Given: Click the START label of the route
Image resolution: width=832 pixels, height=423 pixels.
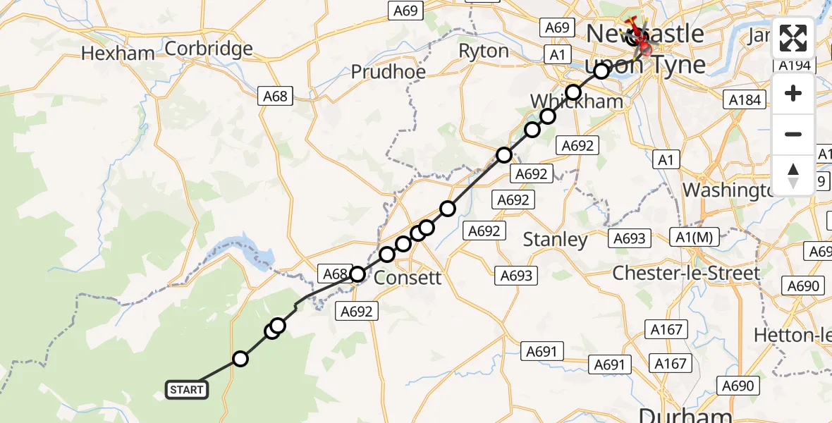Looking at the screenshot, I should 187,389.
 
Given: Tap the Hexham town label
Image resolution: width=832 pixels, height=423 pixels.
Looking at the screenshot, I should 118,54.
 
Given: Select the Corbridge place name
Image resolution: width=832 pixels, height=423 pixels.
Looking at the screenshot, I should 209,49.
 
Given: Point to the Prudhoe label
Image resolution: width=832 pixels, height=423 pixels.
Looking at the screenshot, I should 388,73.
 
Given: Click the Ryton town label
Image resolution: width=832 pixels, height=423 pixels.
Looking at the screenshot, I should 484,51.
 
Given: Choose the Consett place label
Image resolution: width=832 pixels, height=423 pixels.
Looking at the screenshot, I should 408,278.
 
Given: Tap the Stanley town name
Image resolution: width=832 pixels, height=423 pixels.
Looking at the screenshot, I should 556,240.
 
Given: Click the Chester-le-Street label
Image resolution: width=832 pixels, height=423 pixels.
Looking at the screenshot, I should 686,274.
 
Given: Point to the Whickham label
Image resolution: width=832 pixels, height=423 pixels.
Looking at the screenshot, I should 577,102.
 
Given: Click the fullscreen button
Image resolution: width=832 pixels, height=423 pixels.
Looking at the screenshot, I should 793,39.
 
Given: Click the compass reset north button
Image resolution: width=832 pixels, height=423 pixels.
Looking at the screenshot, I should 793,175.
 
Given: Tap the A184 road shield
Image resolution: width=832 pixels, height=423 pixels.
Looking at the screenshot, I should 745,99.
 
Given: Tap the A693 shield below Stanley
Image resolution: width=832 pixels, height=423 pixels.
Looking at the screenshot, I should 516,276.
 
